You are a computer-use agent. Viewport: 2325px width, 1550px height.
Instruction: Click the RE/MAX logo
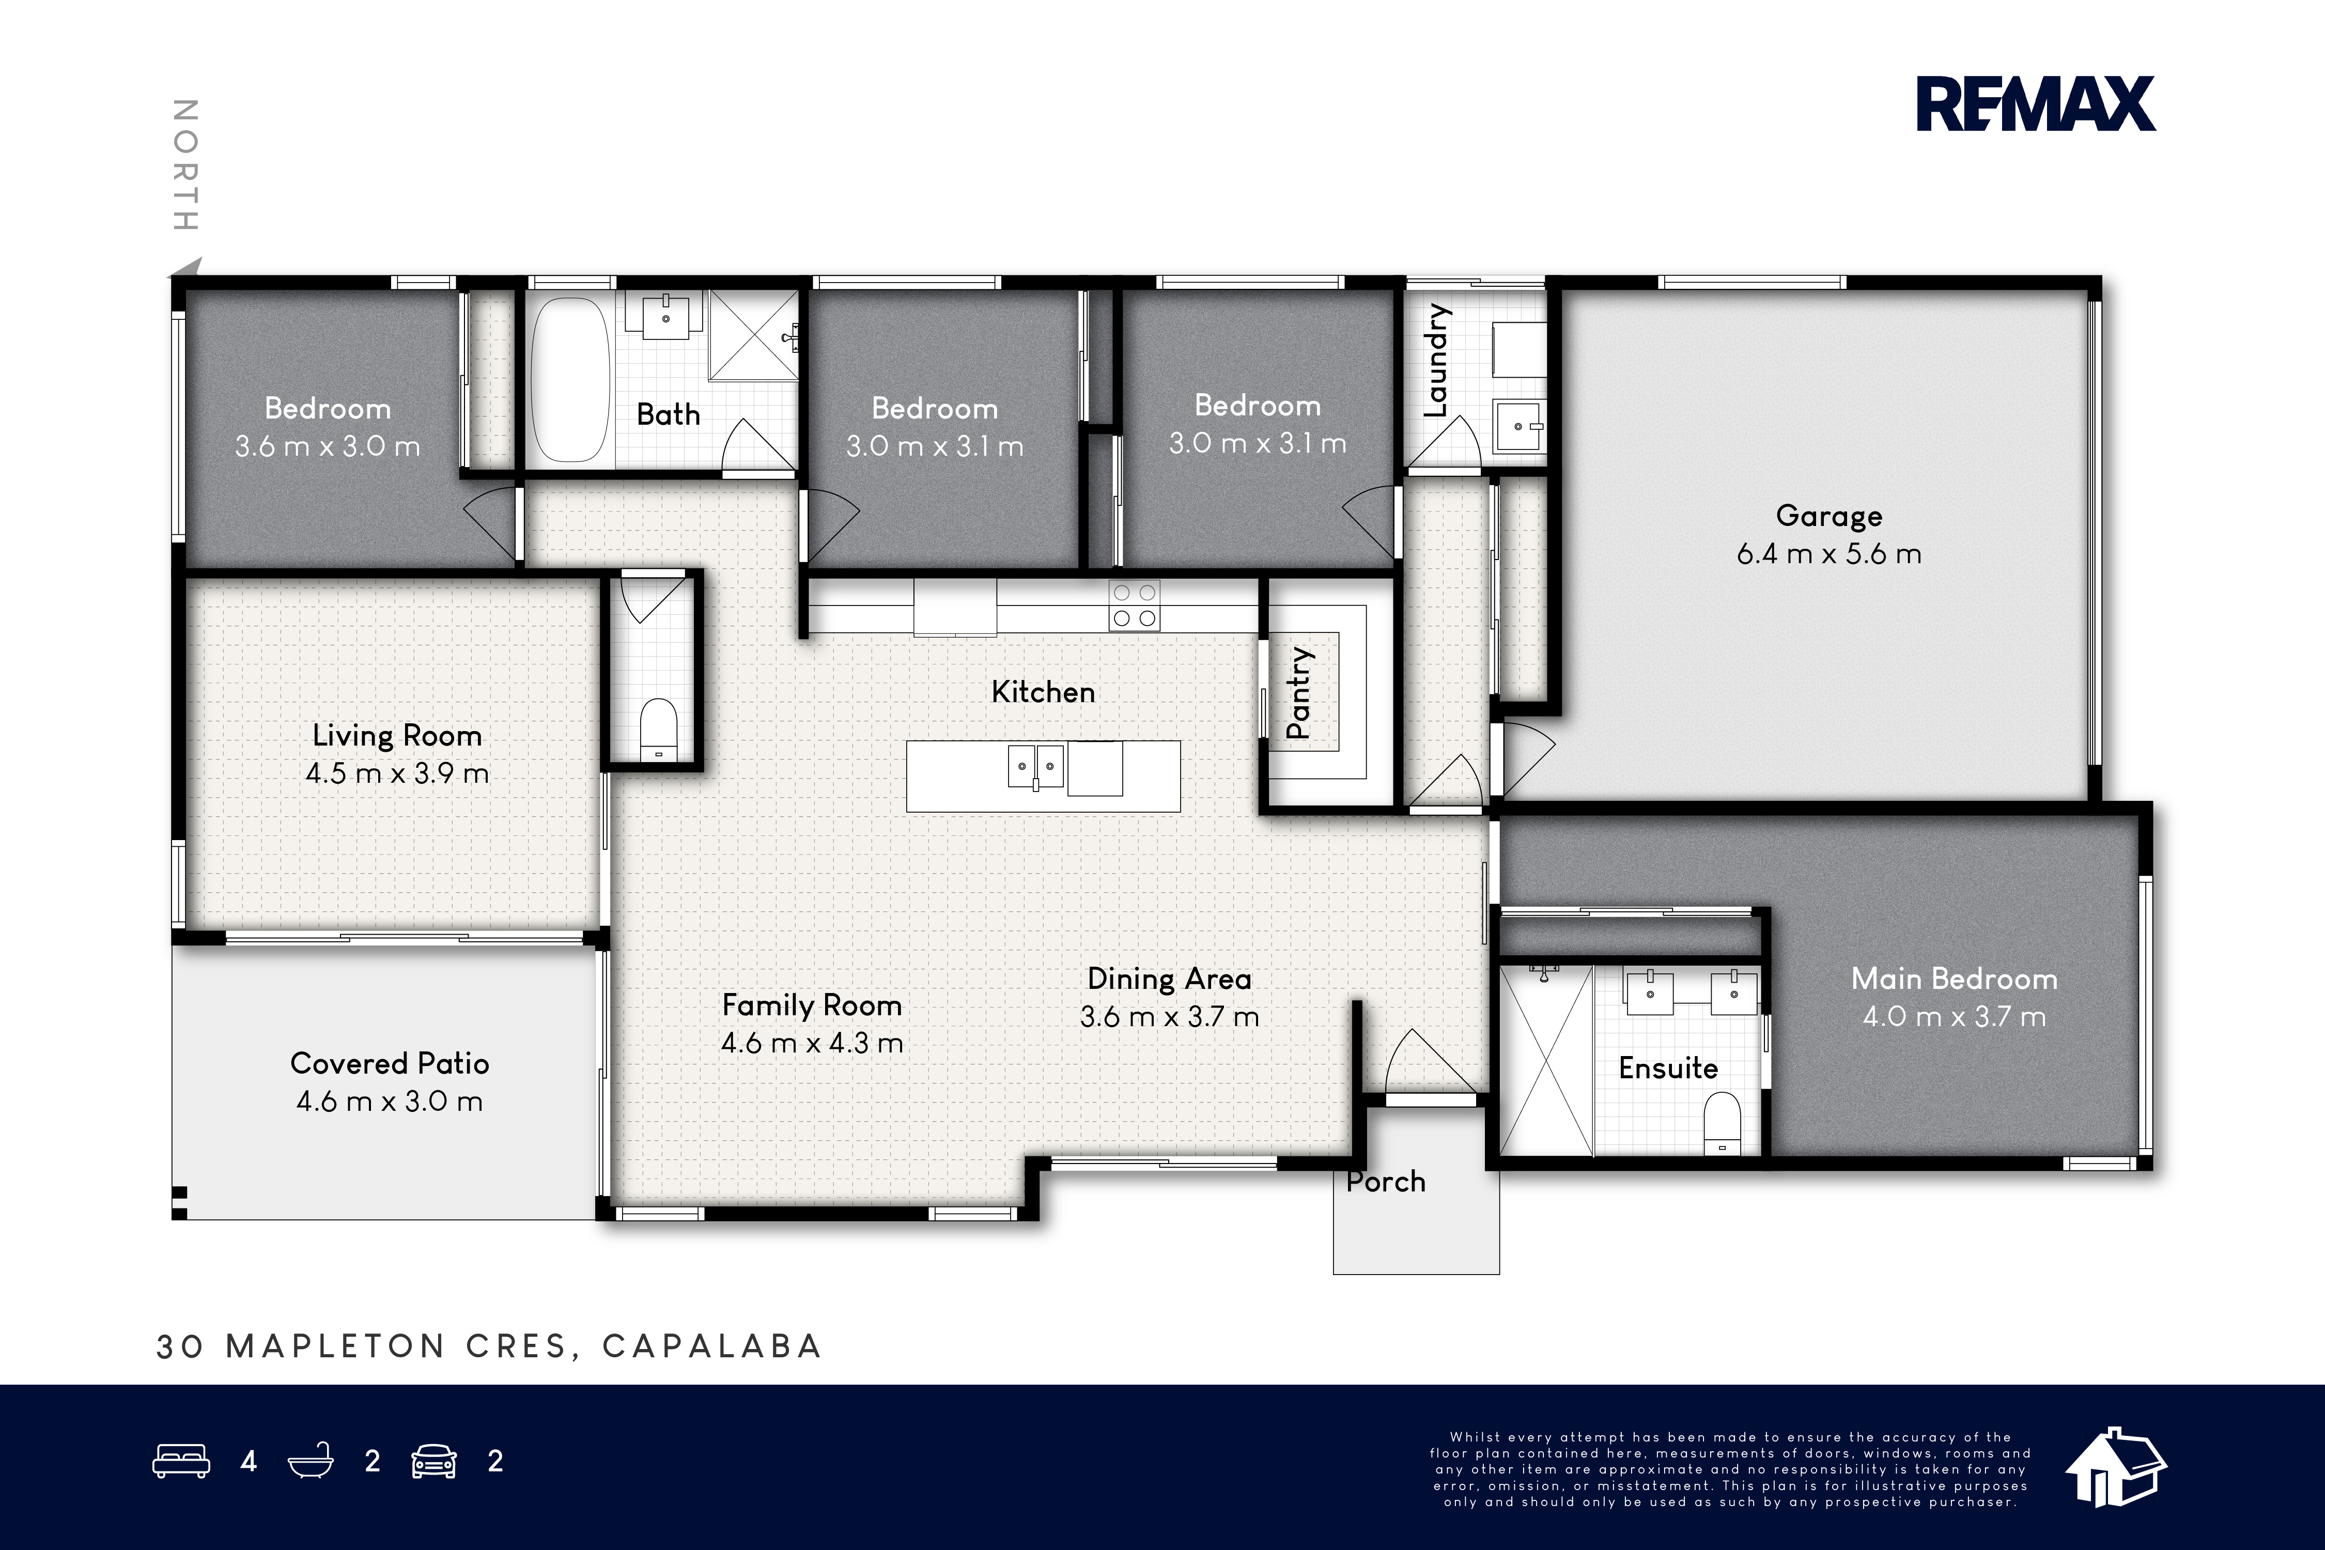click(2036, 105)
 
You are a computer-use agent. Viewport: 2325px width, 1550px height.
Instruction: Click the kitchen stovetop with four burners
click(1135, 605)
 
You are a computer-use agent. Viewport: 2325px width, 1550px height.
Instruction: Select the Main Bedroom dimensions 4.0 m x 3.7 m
click(1955, 1016)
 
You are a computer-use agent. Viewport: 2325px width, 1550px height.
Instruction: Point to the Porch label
click(1386, 1181)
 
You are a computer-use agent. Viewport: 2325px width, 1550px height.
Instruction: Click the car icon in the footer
click(434, 1461)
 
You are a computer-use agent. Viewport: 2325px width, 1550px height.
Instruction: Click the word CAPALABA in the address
click(712, 1346)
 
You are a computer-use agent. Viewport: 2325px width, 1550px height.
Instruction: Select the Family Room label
click(812, 1005)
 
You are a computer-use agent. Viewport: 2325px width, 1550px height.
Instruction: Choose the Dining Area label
click(1169, 979)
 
